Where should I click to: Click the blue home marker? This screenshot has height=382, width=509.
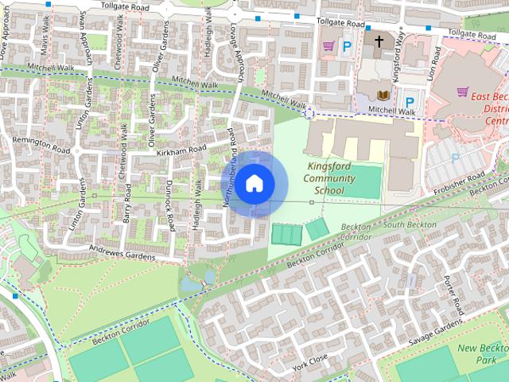tap(254, 183)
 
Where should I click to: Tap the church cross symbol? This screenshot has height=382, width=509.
tap(379, 40)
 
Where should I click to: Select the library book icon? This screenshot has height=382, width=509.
tap(384, 95)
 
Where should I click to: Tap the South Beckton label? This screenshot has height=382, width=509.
tap(409, 225)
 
